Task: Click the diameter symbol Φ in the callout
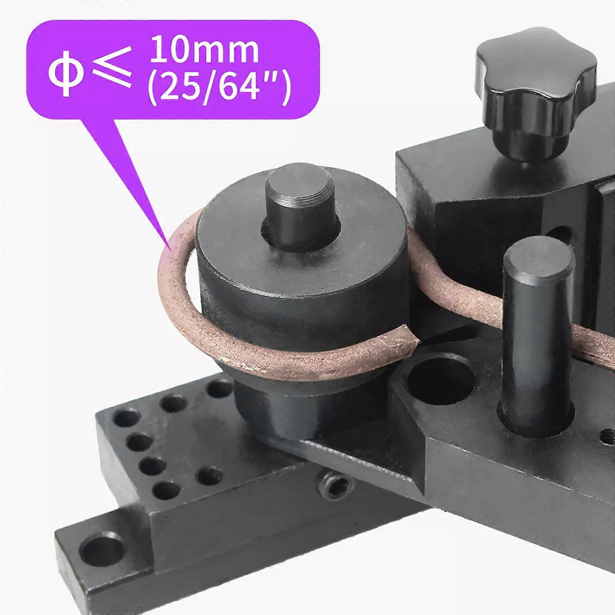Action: click(65, 73)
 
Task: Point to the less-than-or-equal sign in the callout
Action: click(112, 67)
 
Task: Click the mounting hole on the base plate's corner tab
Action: click(101, 548)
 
